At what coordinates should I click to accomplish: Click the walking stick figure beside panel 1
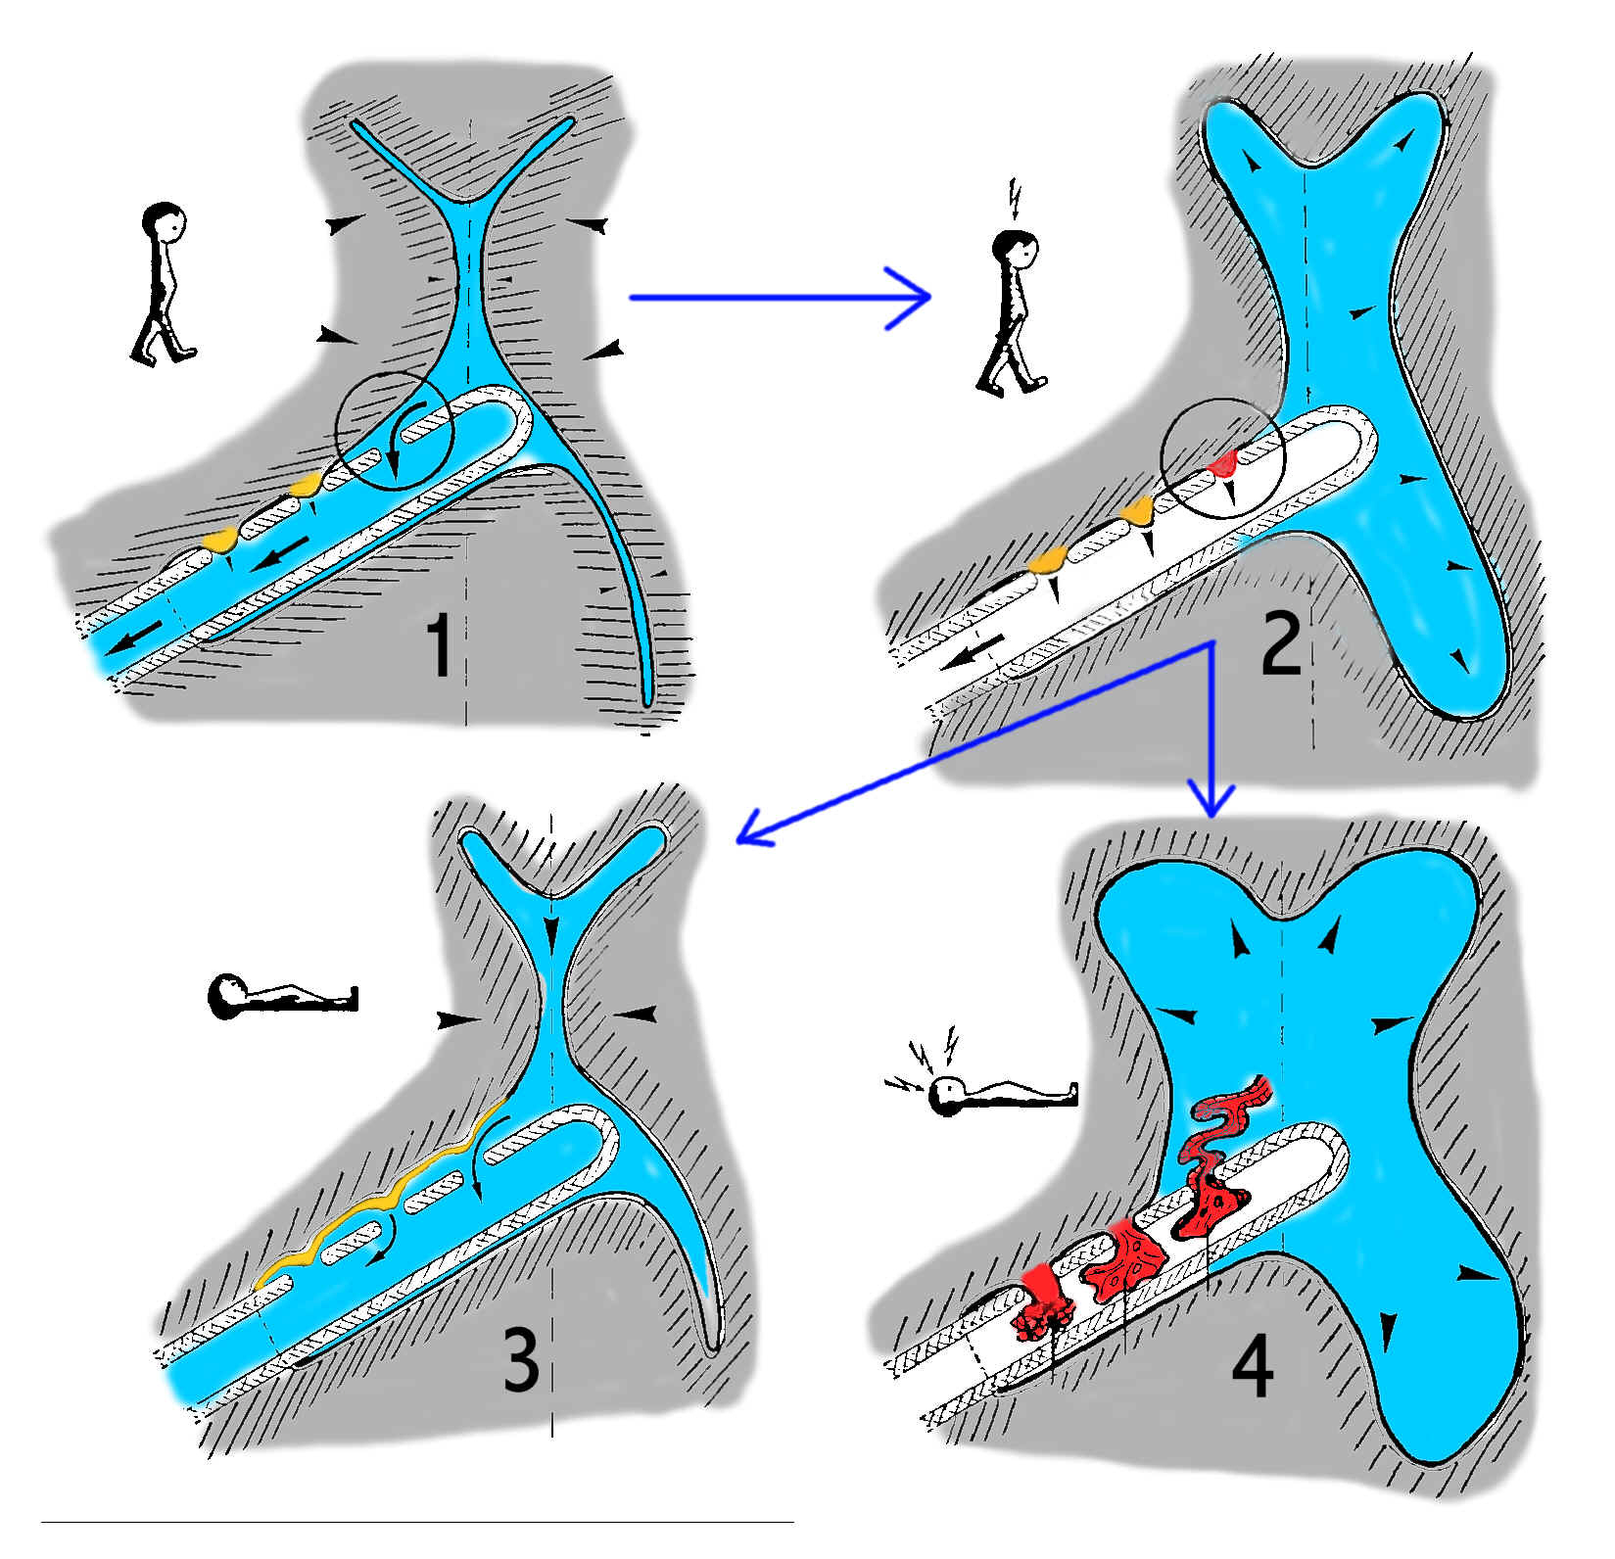tap(162, 284)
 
